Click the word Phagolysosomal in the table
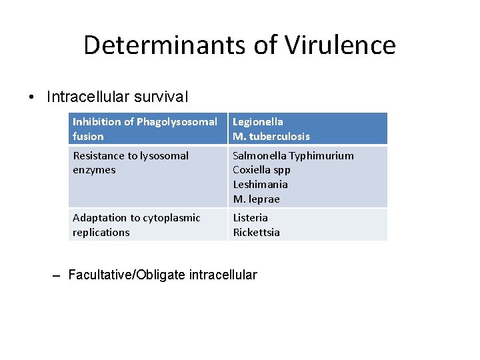point(177,122)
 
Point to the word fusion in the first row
point(88,137)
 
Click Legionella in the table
point(258,122)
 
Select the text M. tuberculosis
point(271,137)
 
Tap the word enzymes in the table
point(94,170)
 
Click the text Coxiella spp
point(261,170)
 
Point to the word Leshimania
point(260,185)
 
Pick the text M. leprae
point(256,199)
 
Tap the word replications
point(101,233)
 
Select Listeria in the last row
point(250,218)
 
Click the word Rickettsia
point(256,233)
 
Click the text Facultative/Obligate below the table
point(127,275)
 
